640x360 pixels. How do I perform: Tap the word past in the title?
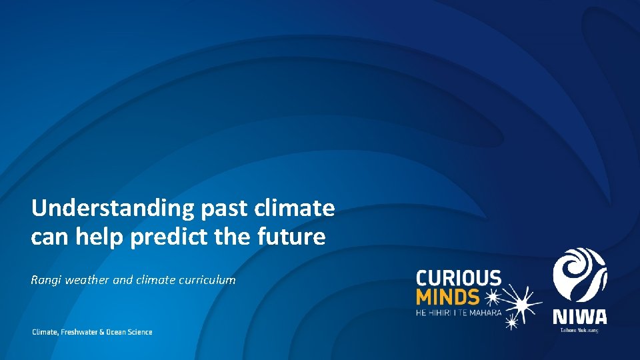coord(221,209)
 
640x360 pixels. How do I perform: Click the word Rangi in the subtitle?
coord(45,280)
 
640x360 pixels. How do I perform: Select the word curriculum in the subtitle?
coord(207,280)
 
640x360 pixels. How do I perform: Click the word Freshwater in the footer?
coord(79,332)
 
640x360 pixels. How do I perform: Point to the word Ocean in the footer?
coord(117,332)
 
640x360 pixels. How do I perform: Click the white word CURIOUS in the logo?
coord(458,277)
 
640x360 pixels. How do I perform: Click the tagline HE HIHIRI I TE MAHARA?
coord(458,311)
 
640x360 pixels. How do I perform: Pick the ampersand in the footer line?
coord(102,332)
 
